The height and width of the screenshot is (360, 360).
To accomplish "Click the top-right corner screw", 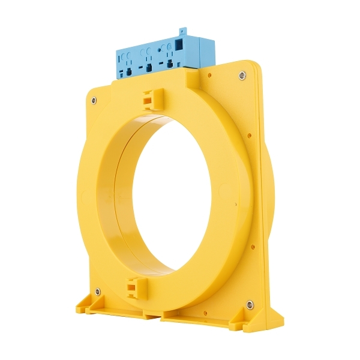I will (241, 76).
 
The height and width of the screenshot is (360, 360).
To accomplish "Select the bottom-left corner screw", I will (97, 292).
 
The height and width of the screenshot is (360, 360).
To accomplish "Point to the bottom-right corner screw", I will (249, 305).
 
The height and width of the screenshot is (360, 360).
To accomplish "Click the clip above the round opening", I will (151, 99).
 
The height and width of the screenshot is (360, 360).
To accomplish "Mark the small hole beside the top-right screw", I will (209, 76).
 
